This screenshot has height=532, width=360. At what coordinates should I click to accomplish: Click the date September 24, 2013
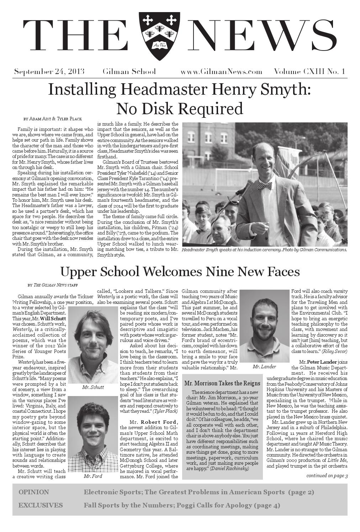click(49, 72)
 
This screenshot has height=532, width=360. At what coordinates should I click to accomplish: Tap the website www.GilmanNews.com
click(221, 72)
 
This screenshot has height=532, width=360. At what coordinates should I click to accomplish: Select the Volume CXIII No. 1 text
click(309, 72)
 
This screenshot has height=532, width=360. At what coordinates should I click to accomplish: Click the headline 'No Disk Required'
click(180, 109)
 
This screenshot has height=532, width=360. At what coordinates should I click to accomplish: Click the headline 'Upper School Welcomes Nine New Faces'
click(180, 272)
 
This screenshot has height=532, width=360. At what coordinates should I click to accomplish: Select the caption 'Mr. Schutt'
click(93, 387)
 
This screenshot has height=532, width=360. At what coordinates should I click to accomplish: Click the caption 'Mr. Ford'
click(93, 476)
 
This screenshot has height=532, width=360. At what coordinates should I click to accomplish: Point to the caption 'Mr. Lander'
click(264, 367)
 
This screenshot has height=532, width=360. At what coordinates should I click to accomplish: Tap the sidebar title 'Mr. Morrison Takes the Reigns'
click(222, 383)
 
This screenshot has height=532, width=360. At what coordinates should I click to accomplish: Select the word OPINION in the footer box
click(34, 492)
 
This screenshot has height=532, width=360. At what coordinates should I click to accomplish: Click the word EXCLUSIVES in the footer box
click(41, 505)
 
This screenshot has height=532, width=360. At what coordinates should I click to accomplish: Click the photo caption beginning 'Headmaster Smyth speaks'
click(264, 250)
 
